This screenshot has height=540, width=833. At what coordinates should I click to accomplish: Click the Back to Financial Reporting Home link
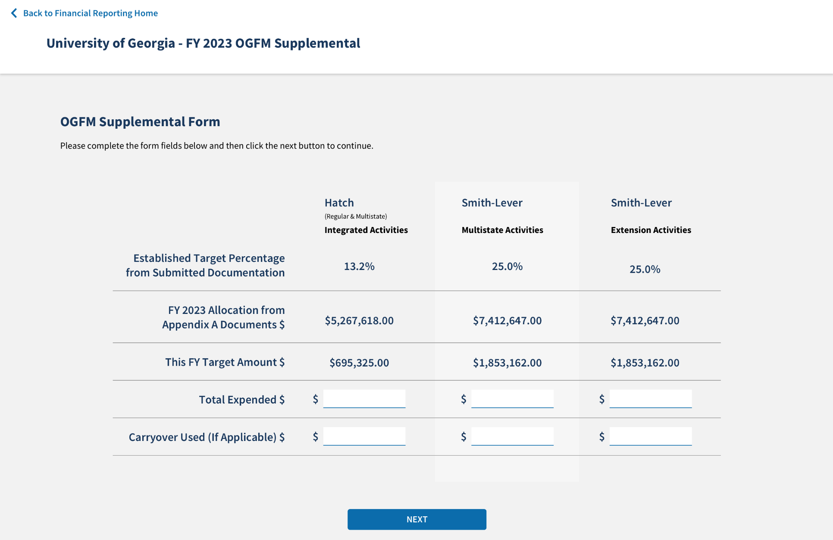(90, 13)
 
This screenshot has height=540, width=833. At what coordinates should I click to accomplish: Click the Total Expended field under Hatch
(364, 399)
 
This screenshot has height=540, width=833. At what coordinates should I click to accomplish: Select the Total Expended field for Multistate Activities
(512, 399)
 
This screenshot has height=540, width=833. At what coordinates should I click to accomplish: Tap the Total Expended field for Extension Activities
(650, 399)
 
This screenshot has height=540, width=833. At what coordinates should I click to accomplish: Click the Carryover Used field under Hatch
(364, 436)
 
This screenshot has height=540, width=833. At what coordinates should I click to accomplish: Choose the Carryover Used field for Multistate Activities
(512, 436)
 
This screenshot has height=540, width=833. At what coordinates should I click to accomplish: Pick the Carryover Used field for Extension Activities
(650, 436)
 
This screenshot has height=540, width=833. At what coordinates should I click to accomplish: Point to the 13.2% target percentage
(359, 267)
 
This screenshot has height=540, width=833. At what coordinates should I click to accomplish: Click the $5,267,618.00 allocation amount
(359, 321)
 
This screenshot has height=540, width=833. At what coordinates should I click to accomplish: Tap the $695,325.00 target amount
(359, 363)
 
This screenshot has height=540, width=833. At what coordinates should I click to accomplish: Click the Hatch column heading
(339, 203)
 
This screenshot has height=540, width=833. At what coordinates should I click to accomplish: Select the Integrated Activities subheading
(366, 230)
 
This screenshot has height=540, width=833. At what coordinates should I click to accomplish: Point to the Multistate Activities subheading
(502, 230)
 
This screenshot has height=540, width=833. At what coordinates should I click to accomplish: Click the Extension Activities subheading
(651, 230)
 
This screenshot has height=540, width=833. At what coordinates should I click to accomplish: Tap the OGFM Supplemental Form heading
(140, 122)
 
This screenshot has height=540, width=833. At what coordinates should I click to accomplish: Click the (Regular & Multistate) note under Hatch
(356, 216)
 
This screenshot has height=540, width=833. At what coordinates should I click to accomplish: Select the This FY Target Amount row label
(225, 362)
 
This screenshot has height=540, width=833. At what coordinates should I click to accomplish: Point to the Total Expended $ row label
(241, 400)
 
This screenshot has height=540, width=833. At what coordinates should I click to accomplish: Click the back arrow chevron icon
(14, 13)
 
